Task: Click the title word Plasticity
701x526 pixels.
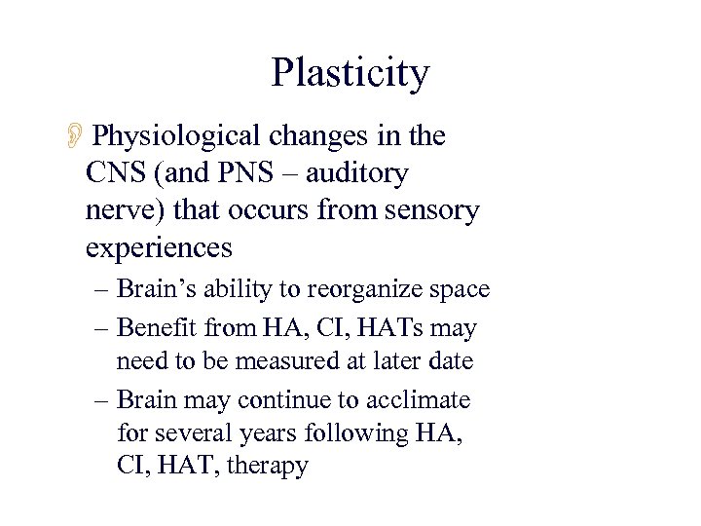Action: pyautogui.click(x=350, y=74)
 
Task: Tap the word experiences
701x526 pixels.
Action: pyautogui.click(x=159, y=247)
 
